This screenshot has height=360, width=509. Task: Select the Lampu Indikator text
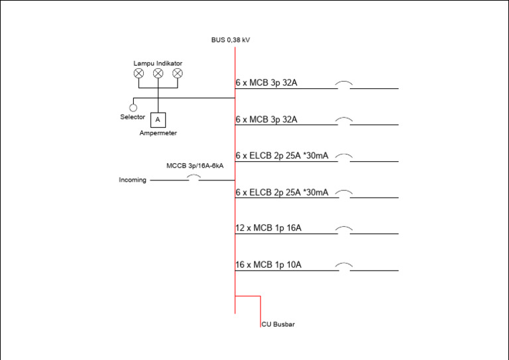pyautogui.click(x=158, y=64)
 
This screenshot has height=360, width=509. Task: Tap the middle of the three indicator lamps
pyautogui.click(x=158, y=74)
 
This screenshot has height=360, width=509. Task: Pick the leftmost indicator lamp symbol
pyautogui.click(x=139, y=74)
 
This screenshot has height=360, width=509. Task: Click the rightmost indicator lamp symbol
pyautogui.click(x=177, y=74)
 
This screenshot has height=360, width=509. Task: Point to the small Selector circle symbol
pyautogui.click(x=133, y=107)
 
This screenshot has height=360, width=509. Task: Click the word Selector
pyautogui.click(x=133, y=117)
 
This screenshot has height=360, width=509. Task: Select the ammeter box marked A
pyautogui.click(x=158, y=119)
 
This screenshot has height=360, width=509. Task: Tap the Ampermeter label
pyautogui.click(x=158, y=133)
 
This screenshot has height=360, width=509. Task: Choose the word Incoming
pyautogui.click(x=133, y=180)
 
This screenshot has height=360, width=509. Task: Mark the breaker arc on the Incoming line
pyautogui.click(x=193, y=177)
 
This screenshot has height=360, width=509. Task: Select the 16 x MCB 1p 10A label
pyautogui.click(x=268, y=265)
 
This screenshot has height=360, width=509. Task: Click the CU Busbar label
pyautogui.click(x=278, y=324)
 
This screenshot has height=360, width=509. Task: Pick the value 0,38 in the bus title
pyautogui.click(x=233, y=40)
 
